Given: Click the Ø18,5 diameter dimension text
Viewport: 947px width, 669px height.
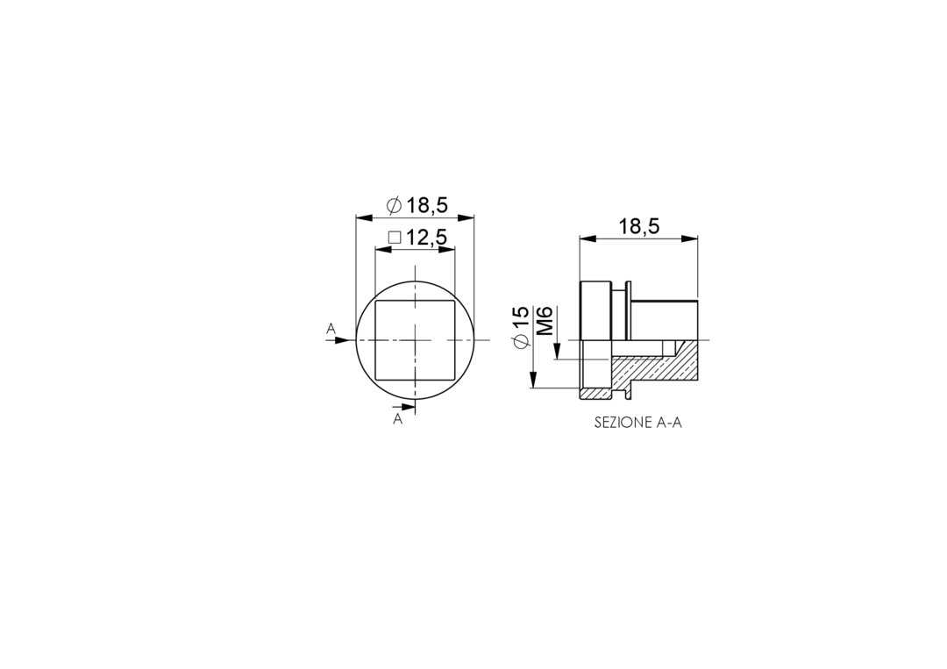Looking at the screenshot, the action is (x=417, y=205).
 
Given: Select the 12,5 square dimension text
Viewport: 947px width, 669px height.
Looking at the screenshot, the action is (x=426, y=238).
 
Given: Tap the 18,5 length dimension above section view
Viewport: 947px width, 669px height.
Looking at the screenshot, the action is (x=639, y=227).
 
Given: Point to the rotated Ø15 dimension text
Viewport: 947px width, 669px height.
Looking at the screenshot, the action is (x=521, y=327).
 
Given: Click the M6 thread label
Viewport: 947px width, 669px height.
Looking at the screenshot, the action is (x=545, y=321).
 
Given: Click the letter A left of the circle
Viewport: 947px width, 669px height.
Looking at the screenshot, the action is (x=331, y=329).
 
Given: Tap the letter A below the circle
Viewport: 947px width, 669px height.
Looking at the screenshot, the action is (x=397, y=419).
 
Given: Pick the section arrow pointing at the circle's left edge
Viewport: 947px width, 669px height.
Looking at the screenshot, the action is (x=338, y=340).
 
